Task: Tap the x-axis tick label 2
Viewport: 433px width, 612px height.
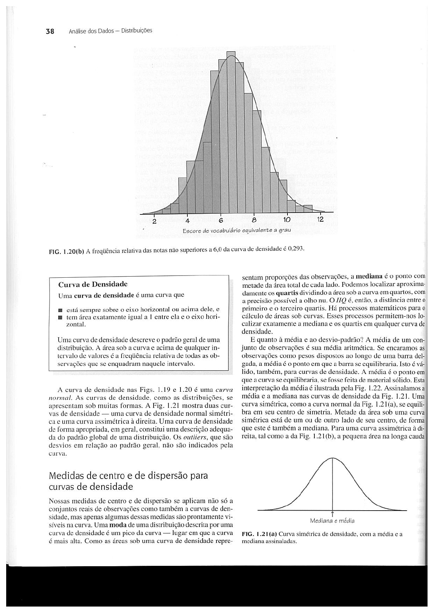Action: [x=154, y=221]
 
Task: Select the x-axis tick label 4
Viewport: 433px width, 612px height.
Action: [x=187, y=221]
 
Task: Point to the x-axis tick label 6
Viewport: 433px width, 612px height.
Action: [x=221, y=221]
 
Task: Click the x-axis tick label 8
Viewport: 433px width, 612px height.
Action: [x=254, y=221]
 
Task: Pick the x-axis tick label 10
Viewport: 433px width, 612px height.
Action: [x=287, y=220]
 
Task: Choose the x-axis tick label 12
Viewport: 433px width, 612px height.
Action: [x=320, y=220]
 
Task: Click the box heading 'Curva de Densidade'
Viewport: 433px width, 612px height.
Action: [x=93, y=284]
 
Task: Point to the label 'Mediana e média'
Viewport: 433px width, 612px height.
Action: [x=332, y=520]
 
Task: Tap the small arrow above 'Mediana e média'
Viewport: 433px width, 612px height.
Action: [x=333, y=513]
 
